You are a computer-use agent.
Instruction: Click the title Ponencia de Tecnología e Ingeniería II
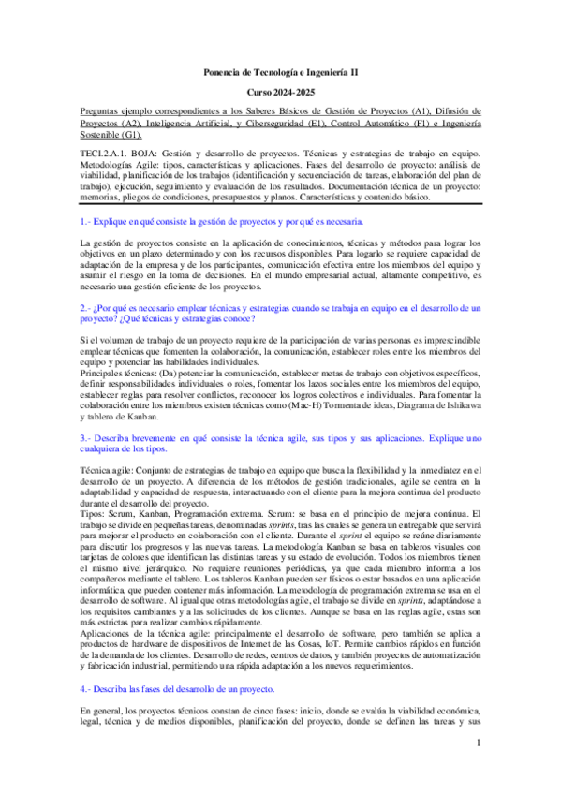click(x=280, y=72)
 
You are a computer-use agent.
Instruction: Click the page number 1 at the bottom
click(x=477, y=770)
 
